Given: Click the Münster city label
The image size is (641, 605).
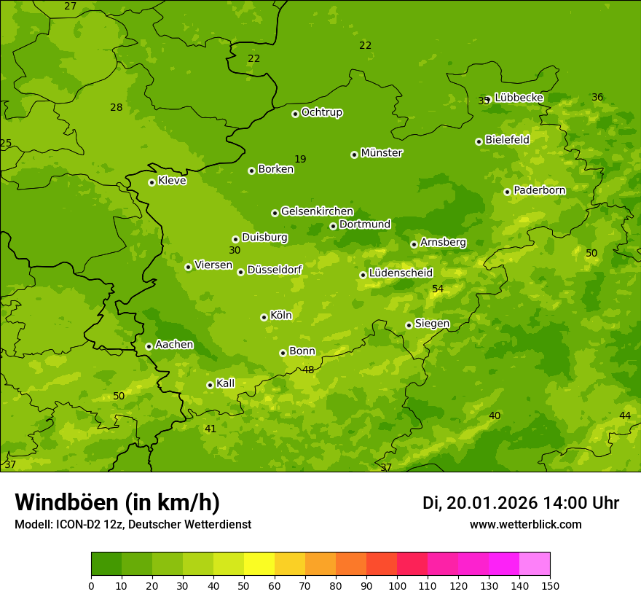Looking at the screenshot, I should click(381, 153).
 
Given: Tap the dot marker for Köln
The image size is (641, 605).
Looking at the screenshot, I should click(264, 317).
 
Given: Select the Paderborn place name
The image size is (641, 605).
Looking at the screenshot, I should click(539, 190).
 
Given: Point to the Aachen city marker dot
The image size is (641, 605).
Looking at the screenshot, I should click(149, 346).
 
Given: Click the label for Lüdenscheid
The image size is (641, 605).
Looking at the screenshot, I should click(401, 273).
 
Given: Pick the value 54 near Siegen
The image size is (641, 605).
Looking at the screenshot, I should click(438, 289).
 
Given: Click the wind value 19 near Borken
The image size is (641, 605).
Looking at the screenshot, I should click(300, 160).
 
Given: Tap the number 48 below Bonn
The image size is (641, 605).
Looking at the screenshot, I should click(308, 370).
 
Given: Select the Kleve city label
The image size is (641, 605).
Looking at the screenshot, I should click(172, 181).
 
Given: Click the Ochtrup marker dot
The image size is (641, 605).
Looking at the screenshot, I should click(295, 114).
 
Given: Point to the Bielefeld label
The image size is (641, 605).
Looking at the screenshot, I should click(507, 140).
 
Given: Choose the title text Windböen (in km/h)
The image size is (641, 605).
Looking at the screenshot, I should click(117, 502).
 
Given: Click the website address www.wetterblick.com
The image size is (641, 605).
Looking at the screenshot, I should click(525, 525).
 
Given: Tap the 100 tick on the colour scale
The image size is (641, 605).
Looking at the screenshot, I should click(397, 585).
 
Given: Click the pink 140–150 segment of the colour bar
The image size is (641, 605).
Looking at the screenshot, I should click(535, 564).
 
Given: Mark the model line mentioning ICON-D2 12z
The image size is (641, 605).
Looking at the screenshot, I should click(133, 525).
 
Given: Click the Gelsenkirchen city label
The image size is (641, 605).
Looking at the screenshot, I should click(317, 211).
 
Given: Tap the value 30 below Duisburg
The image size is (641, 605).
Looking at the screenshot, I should click(235, 251).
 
